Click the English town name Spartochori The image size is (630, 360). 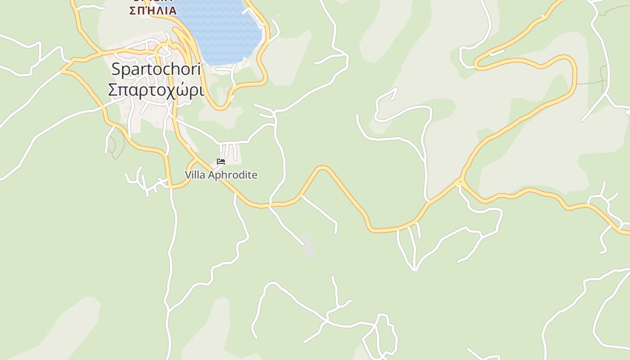[156, 69]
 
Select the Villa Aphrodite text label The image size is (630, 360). [221, 175]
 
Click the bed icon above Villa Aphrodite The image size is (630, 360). [221, 162]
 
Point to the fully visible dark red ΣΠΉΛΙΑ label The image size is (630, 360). [153, 10]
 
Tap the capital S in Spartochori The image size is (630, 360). [116, 69]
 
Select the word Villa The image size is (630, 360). [195, 175]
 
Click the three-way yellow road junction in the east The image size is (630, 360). [459, 182]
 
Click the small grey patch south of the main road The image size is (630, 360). [308, 247]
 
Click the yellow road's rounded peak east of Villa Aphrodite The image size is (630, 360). [322, 168]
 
